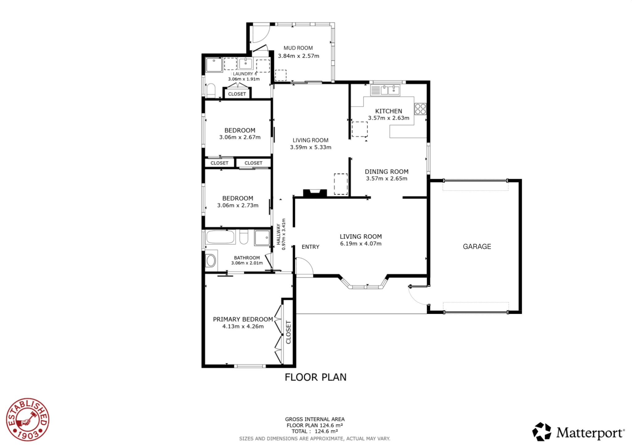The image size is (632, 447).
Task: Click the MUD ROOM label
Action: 298,48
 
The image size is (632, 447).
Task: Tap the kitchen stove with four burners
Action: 420,109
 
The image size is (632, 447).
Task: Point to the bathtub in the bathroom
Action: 220,237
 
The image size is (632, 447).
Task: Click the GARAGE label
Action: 477,246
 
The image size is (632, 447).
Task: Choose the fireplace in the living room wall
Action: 315,194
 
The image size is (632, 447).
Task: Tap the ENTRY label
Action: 310,247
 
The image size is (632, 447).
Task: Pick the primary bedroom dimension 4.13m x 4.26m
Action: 243,326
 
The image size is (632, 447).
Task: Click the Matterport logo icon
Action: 542,432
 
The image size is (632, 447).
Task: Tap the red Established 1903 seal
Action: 28,419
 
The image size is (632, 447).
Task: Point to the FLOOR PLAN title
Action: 315,377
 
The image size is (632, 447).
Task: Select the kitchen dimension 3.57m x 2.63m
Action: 389,118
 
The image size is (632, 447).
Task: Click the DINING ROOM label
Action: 387,172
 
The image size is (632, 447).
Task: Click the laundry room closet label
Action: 237,94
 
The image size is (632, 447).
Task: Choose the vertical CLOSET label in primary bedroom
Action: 289,332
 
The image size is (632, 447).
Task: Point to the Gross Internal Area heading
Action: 315,419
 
